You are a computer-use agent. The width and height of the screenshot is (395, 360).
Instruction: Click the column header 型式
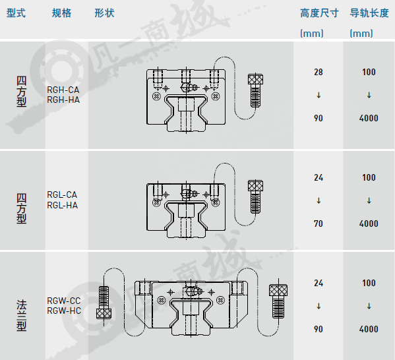16,13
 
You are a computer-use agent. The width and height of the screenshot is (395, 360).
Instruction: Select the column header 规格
62,13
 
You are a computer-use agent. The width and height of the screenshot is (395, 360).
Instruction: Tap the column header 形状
105,13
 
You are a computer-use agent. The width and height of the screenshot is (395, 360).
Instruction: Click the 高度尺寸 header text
319,13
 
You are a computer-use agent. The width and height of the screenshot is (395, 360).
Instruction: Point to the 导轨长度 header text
369,13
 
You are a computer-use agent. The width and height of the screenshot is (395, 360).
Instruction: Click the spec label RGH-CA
63,90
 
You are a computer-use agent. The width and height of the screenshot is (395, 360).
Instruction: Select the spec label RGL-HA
63,205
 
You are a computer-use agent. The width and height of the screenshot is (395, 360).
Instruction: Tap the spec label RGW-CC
64,301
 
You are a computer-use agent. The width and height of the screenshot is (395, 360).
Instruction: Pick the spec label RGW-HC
64,311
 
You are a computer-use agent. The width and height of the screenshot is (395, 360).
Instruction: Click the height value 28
319,73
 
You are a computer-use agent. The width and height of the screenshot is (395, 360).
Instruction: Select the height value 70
319,224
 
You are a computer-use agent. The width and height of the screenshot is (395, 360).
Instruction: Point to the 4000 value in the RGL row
369,224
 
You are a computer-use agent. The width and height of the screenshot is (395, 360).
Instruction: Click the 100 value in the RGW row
369,283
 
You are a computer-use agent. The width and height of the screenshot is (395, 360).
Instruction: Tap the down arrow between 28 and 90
319,95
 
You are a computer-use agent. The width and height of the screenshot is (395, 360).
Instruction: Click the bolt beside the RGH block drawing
255,91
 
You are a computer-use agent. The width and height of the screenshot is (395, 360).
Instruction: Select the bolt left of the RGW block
104,303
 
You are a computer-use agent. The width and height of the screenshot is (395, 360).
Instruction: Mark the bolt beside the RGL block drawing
255,196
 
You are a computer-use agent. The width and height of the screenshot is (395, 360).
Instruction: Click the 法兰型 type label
21,315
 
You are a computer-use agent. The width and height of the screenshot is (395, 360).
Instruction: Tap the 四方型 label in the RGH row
21,92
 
